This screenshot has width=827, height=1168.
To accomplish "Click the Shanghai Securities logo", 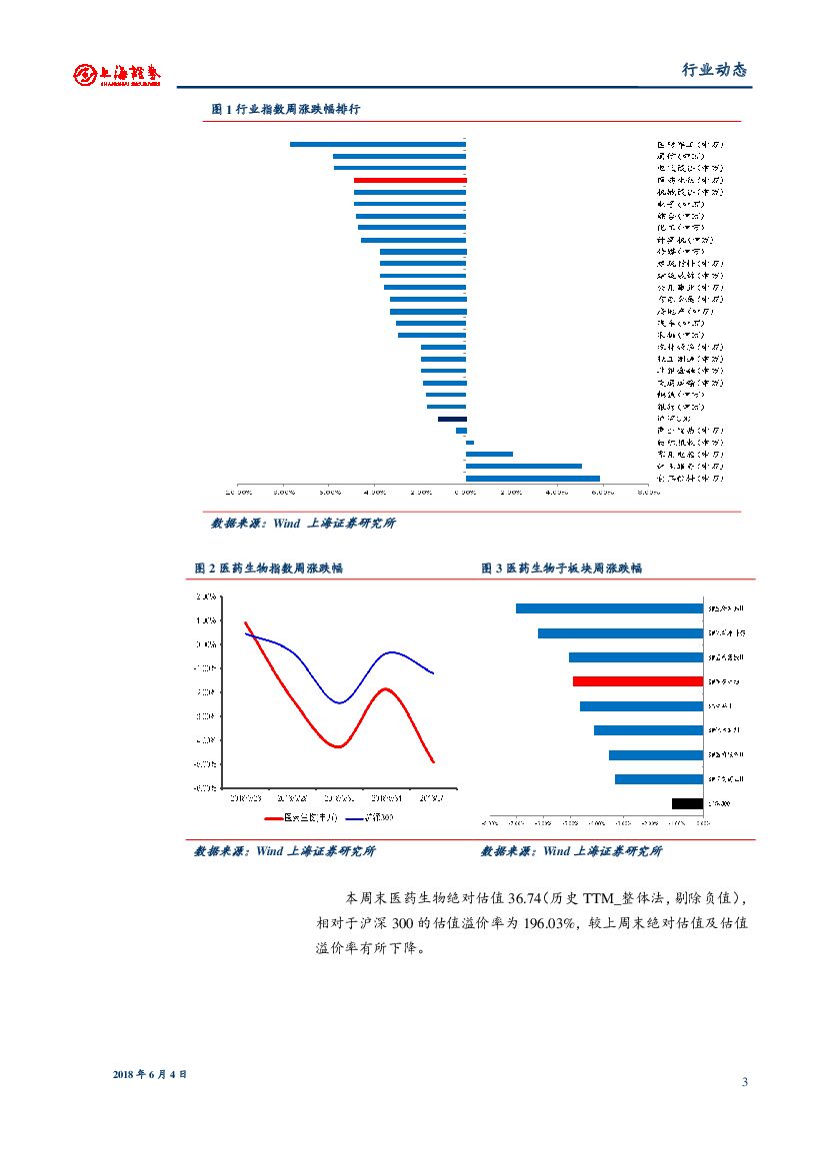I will pyautogui.click(x=117, y=74).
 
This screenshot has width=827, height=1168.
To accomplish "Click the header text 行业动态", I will pyautogui.click(x=714, y=70).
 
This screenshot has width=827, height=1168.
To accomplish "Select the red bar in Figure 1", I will pyautogui.click(x=410, y=180).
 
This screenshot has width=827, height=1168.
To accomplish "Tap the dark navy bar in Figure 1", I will pyautogui.click(x=452, y=419).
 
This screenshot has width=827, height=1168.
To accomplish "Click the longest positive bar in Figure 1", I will pyautogui.click(x=533, y=479).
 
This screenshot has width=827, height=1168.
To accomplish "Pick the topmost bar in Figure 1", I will pyautogui.click(x=378, y=144).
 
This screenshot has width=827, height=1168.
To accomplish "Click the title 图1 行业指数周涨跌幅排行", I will pyautogui.click(x=286, y=109).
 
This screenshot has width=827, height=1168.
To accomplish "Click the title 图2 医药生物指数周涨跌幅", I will pyautogui.click(x=269, y=568).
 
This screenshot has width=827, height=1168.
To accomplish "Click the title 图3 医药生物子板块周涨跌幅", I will pyautogui.click(x=561, y=568).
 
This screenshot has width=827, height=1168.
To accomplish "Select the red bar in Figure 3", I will pyautogui.click(x=638, y=681).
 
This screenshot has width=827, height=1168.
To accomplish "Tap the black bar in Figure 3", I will pyautogui.click(x=687, y=803).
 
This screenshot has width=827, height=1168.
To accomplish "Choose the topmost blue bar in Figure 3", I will pyautogui.click(x=609, y=608).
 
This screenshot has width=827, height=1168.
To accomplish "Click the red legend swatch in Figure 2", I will pyautogui.click(x=273, y=817).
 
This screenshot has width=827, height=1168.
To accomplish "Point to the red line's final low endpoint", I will pyautogui.click(x=433, y=762).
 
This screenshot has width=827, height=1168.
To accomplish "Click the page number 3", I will pyautogui.click(x=745, y=1082).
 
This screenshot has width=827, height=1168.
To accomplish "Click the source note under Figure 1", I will pyautogui.click(x=303, y=524).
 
